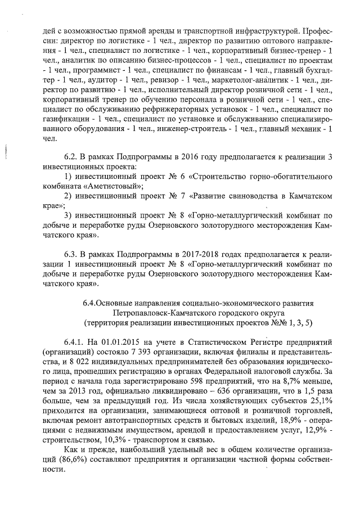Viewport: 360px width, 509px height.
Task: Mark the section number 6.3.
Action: click(71, 251)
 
